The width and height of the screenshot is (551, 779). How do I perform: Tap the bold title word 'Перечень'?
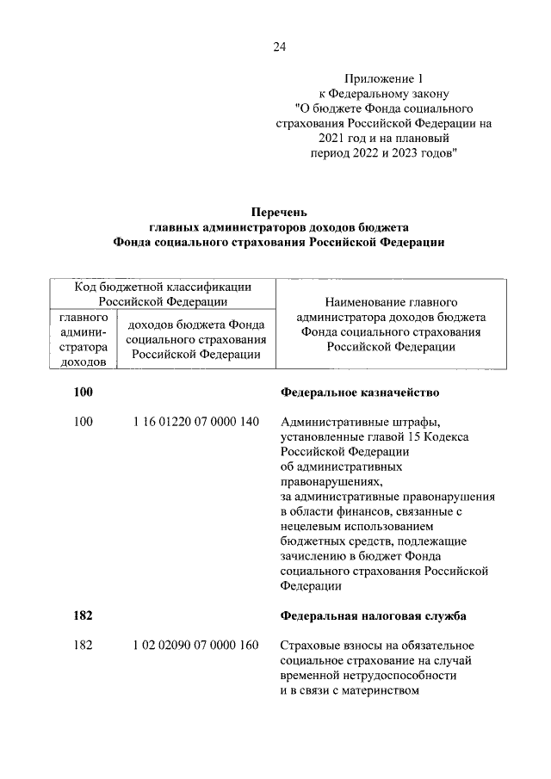278,212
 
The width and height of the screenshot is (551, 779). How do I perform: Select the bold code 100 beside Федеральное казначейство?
83,393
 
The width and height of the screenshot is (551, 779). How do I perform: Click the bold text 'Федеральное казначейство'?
361,393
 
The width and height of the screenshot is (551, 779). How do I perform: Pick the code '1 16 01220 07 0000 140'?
196,422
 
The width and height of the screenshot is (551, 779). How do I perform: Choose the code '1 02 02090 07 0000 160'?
196,646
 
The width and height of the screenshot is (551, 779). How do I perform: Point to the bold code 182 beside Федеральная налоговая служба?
83,616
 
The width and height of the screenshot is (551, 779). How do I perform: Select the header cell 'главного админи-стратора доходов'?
83,340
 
